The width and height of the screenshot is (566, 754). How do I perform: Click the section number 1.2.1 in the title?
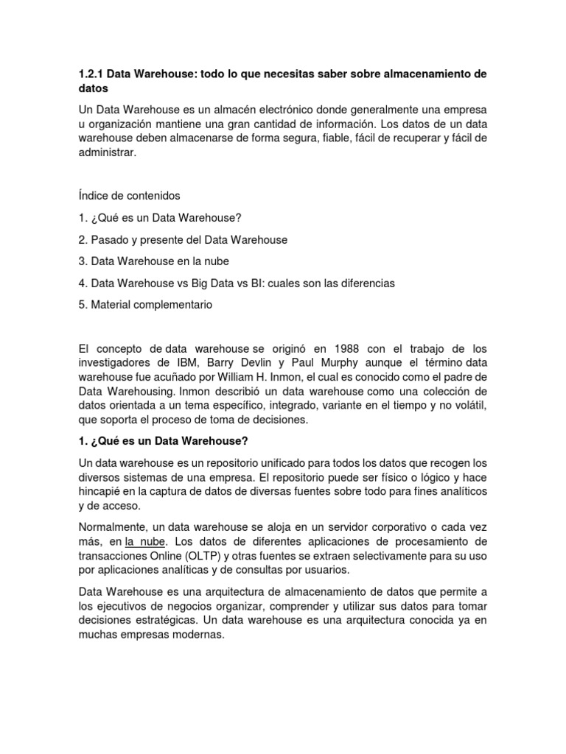click(91, 75)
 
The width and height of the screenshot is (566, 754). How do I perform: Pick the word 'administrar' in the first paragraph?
click(106, 152)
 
